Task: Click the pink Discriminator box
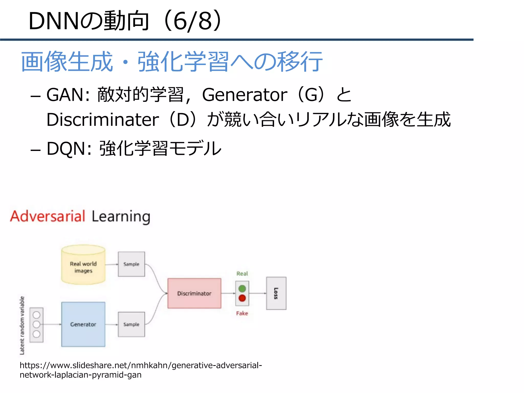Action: (194, 293)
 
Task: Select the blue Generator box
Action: (83, 324)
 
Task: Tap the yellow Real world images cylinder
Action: (83, 266)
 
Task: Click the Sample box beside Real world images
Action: (131, 264)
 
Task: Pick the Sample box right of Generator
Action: (131, 324)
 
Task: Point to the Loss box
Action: (276, 293)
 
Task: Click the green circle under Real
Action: (242, 289)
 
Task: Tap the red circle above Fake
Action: (242, 298)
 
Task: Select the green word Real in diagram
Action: (242, 274)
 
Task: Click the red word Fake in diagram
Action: (242, 313)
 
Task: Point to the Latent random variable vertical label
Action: (22, 325)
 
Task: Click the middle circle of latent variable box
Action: (37, 324)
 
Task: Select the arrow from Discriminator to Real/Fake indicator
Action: (228, 293)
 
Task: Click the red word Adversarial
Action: (48, 216)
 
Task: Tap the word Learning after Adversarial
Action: (121, 217)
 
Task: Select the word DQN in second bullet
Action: (66, 149)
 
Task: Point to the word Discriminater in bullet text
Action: (103, 120)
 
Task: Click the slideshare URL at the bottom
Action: (141, 370)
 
